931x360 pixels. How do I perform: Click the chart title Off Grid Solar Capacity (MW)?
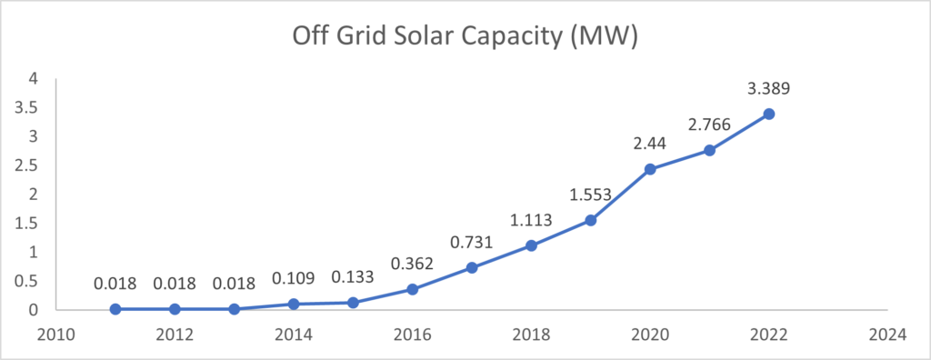point(465,37)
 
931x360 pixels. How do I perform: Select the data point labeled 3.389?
point(768,114)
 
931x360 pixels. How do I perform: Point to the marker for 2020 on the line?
point(650,168)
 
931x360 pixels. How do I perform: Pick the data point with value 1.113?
point(531,245)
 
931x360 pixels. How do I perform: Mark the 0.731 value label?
point(471,241)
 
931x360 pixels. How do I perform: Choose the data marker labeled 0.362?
point(412,289)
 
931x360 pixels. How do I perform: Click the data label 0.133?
point(353,277)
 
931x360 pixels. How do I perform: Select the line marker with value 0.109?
point(294,304)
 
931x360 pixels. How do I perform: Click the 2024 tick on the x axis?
point(886,334)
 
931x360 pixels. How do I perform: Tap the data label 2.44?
point(650,143)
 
